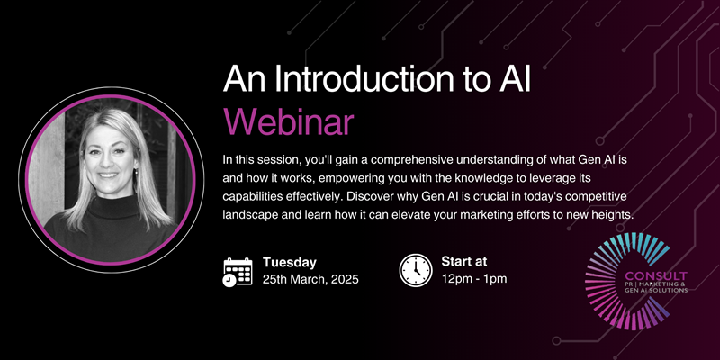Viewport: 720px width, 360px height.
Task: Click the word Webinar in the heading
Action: point(288,121)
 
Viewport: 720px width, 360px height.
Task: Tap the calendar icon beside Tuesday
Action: point(238,273)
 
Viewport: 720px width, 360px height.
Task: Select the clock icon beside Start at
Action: point(416,271)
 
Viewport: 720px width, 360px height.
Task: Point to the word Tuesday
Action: point(289,263)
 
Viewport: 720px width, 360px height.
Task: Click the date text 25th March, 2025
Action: point(310,279)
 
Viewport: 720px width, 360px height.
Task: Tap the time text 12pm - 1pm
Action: point(474,278)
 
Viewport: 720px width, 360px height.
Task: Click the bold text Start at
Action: point(463,262)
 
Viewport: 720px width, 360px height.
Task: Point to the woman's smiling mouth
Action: point(109,175)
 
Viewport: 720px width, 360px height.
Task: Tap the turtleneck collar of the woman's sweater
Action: point(113,207)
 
